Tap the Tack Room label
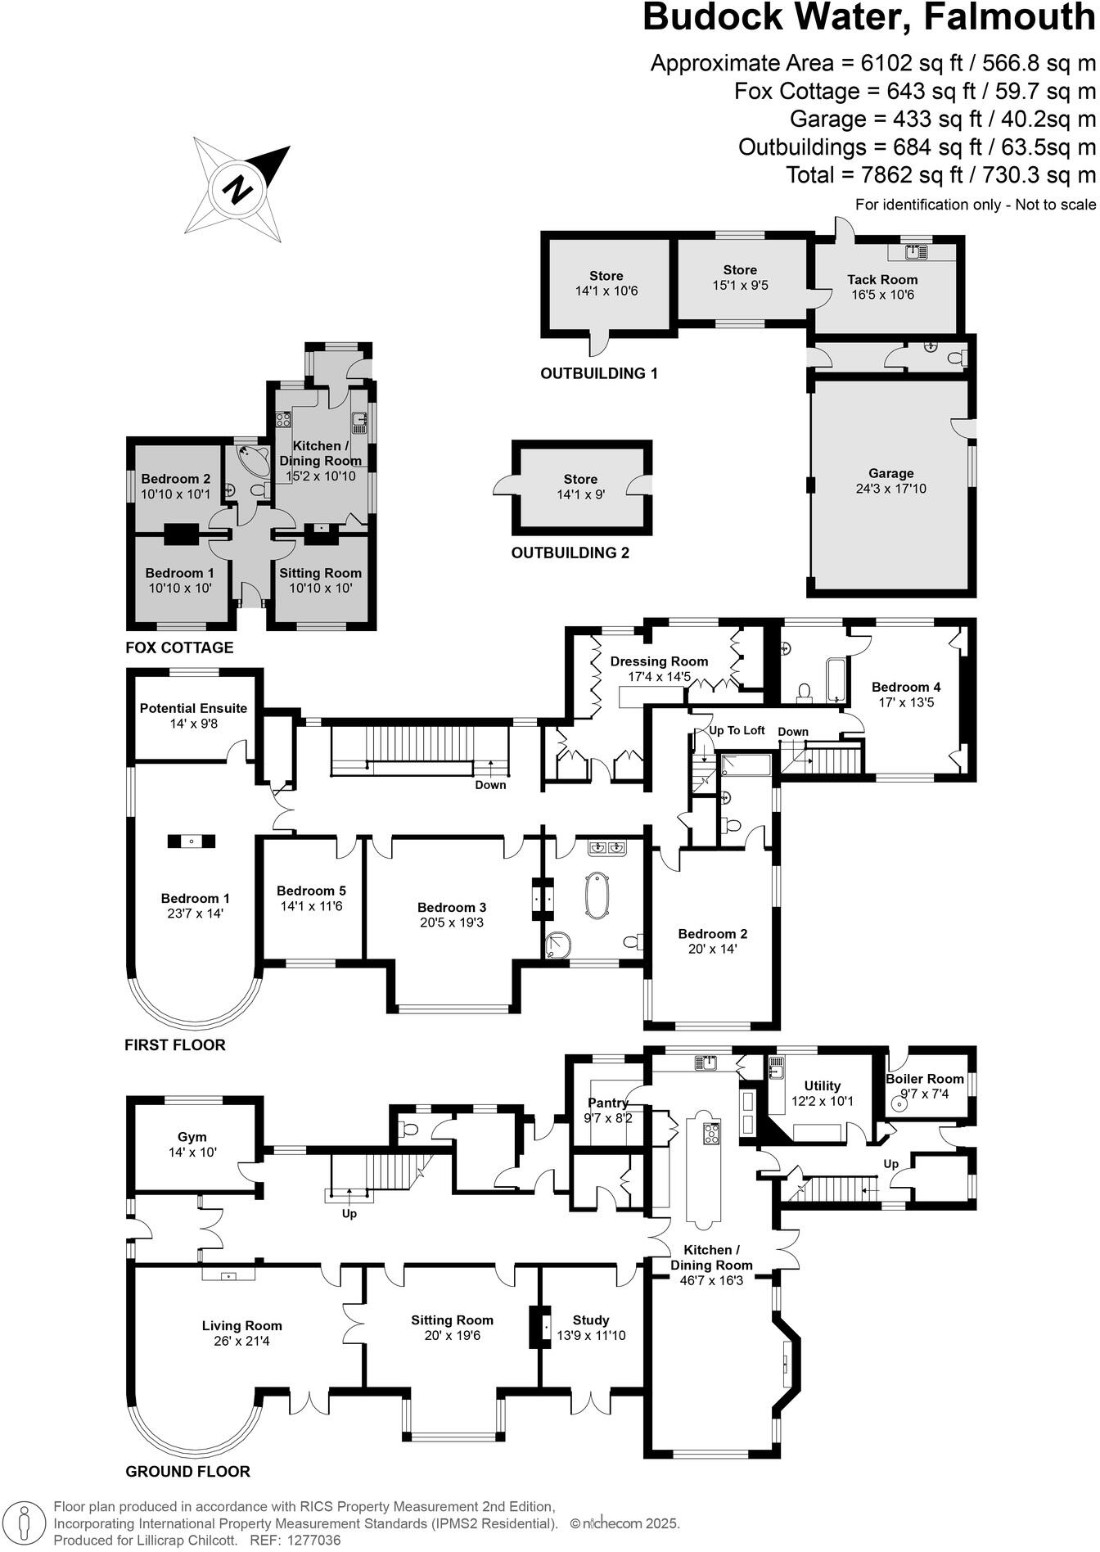881,280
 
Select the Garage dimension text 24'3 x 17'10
890,489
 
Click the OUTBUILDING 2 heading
570,553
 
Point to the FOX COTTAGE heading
179,647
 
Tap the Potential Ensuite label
193,708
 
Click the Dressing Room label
659,661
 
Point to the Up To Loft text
736,730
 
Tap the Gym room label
192,1137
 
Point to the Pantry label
607,1103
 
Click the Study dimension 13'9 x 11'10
590,1335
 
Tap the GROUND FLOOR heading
187,1471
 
